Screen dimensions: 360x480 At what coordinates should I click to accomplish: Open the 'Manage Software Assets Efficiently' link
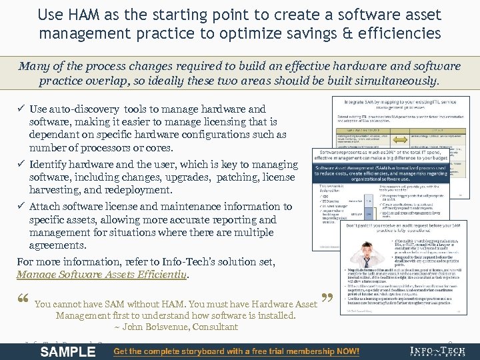point(101,274)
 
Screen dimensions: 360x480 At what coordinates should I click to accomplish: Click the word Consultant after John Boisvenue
point(215,327)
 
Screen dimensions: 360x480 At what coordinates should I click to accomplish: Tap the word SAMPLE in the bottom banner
point(68,351)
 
